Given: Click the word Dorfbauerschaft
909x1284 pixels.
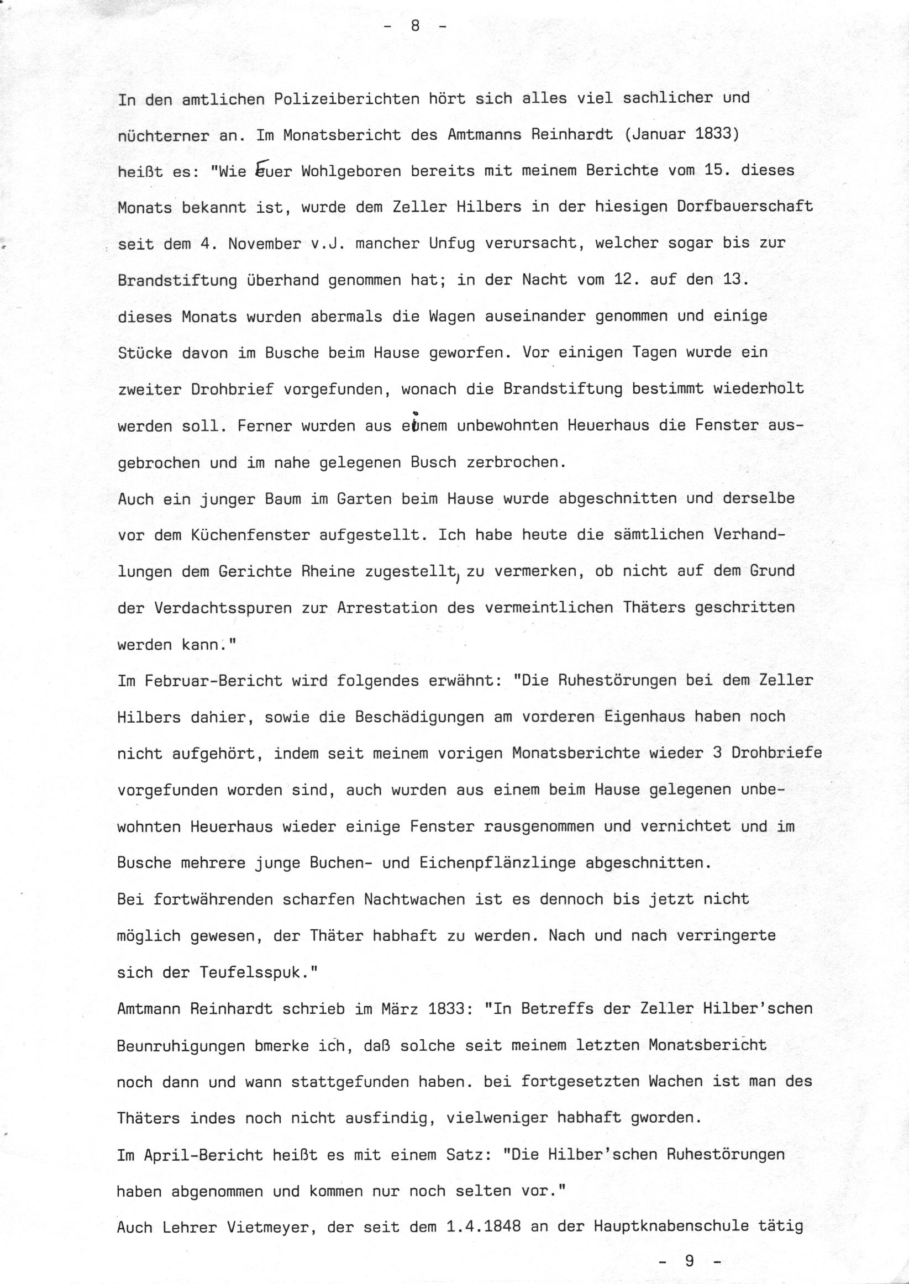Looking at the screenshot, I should tap(744, 208).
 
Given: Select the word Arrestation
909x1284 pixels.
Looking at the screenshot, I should tap(387, 608).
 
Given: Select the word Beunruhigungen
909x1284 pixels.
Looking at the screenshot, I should tap(181, 1045).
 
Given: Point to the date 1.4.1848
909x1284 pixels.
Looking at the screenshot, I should tap(484, 1227).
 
